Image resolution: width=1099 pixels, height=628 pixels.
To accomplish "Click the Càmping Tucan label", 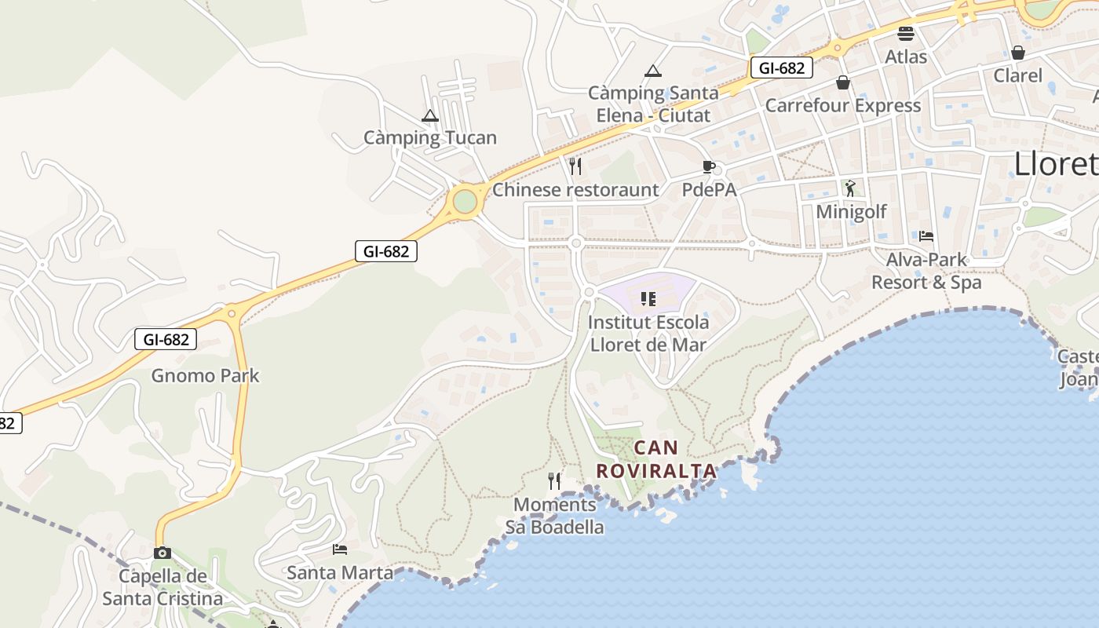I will click(x=429, y=137).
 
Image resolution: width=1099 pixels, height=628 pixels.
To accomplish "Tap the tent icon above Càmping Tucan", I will click(x=429, y=116).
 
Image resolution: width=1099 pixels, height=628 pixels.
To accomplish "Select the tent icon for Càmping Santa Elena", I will click(x=652, y=71).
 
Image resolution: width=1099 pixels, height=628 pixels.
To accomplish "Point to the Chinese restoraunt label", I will click(x=575, y=189).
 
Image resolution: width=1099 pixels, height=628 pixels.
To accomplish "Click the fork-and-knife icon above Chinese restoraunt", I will click(x=575, y=166).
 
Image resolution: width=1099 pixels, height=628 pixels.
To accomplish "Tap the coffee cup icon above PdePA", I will click(x=708, y=166).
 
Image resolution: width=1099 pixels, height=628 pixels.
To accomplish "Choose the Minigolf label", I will click(x=851, y=211).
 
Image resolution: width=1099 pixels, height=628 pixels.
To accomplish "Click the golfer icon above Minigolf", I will click(x=850, y=188).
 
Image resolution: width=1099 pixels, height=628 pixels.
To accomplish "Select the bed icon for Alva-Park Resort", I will click(x=926, y=235).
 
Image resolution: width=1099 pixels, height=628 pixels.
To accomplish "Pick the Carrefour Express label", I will click(x=842, y=105).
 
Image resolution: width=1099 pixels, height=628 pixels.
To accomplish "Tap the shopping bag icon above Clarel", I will click(x=1017, y=53).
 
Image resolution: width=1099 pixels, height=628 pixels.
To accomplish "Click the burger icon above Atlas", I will click(x=906, y=34).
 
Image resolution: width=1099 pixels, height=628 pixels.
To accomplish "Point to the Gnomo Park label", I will click(x=205, y=375).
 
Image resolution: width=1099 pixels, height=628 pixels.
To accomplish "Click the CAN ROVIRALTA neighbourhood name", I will click(x=656, y=459).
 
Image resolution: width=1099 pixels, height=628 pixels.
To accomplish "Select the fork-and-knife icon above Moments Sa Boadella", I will click(x=554, y=480).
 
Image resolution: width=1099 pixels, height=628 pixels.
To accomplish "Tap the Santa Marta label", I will click(x=339, y=572).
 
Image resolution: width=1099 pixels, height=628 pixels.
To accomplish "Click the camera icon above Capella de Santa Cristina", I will click(x=162, y=553).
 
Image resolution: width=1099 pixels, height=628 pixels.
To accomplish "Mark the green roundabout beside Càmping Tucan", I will click(x=465, y=201).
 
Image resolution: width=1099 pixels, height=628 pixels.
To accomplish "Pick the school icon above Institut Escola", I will click(x=648, y=298).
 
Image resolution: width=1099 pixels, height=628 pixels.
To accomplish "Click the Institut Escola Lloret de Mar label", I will click(x=648, y=333).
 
